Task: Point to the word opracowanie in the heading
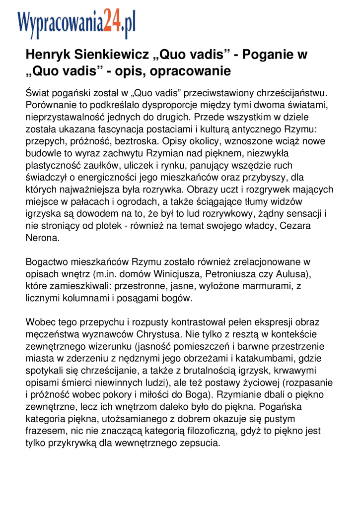click(191, 71)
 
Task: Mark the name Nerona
click(42, 238)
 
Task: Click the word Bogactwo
click(46, 262)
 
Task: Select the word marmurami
click(261, 286)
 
